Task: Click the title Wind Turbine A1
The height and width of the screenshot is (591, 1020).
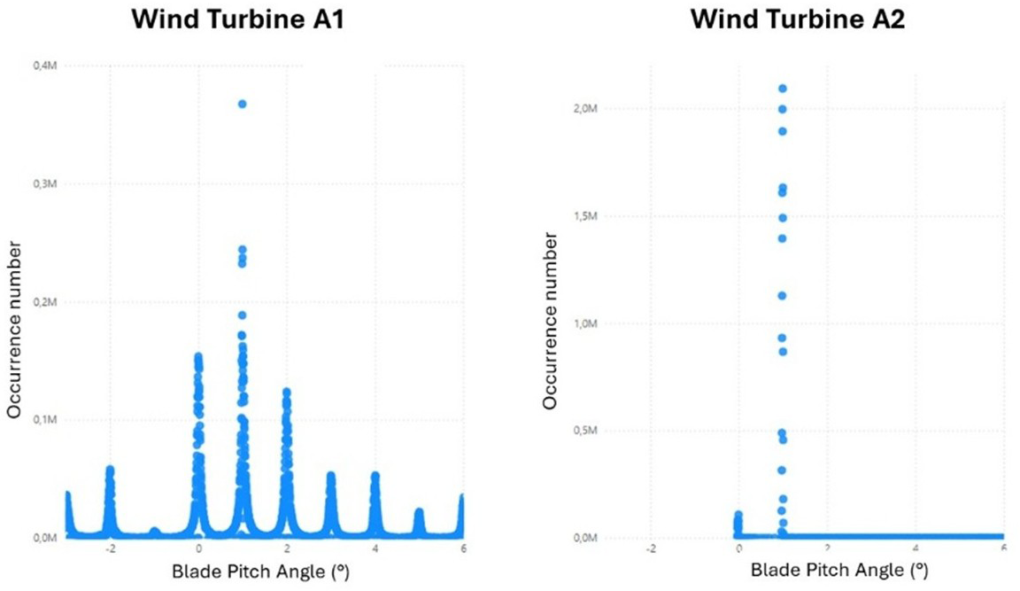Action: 236,19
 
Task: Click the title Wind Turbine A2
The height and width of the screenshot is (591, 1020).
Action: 797,19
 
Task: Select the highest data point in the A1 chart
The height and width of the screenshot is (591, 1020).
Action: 242,104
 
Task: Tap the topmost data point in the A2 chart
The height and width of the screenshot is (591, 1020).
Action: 782,89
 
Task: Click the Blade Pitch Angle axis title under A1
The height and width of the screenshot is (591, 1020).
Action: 260,572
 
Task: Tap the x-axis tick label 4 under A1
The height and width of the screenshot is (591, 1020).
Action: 375,548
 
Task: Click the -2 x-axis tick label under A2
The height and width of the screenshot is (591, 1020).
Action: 651,548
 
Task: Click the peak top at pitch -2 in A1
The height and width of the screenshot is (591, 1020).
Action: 110,470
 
